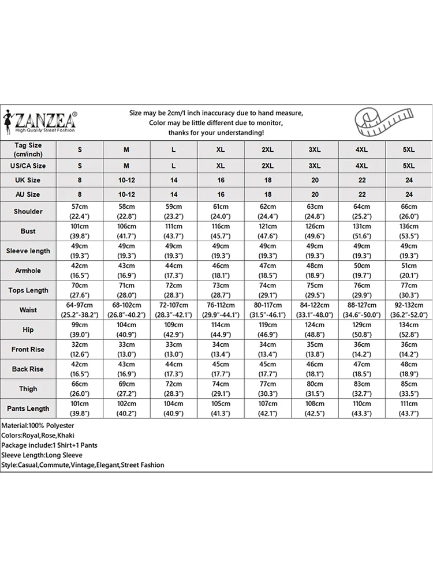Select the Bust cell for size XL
pyautogui.click(x=221, y=231)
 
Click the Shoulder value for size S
pyautogui.click(x=80, y=211)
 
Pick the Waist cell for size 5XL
pyautogui.click(x=408, y=310)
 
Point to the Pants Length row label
pyautogui.click(x=28, y=409)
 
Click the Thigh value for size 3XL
pyautogui.click(x=315, y=389)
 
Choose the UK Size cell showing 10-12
pyautogui.click(x=126, y=180)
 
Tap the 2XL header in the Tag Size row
pyautogui.click(x=267, y=150)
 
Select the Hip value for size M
pyautogui.click(x=126, y=329)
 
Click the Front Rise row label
pyautogui.click(x=28, y=350)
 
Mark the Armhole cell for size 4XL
pyautogui.click(x=361, y=271)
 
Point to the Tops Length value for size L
pyautogui.click(x=174, y=290)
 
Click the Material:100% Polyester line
pyautogui.click(x=36, y=425)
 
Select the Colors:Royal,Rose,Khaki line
pyautogui.click(x=38, y=435)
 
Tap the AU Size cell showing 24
pyautogui.click(x=408, y=195)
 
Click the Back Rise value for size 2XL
pyautogui.click(x=267, y=369)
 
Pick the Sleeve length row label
pyautogui.click(x=28, y=251)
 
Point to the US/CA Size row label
pyautogui.click(x=28, y=166)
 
